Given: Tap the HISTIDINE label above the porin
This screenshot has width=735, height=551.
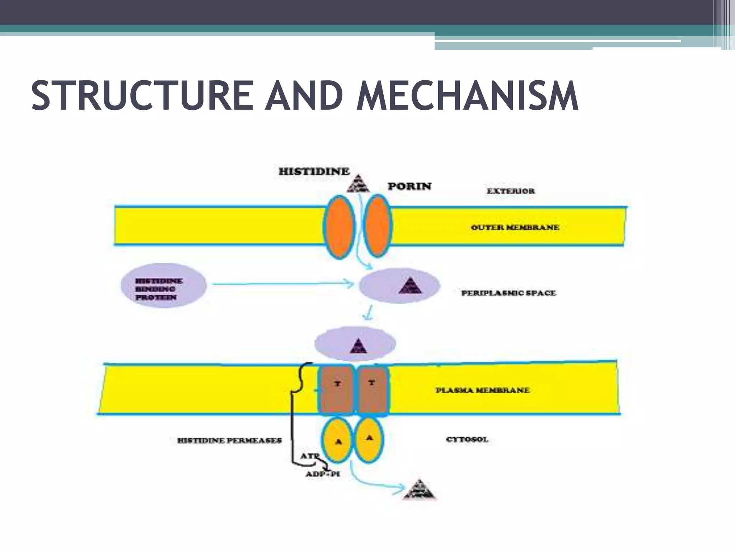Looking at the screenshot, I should (x=314, y=171).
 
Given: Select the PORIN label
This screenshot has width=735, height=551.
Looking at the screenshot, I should (x=409, y=187).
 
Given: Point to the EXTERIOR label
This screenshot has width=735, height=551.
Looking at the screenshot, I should (x=511, y=191).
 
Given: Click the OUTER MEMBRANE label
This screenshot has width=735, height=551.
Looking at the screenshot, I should (x=515, y=227).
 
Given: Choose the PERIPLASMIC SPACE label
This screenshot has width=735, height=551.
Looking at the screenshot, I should (x=509, y=293).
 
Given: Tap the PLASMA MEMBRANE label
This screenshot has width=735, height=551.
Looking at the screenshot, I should (x=483, y=390).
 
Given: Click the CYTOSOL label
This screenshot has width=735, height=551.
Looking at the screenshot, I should (x=467, y=440).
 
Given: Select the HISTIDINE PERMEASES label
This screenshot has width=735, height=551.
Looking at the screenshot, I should (x=230, y=441).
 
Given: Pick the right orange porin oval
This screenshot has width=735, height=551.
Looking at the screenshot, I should (x=377, y=225).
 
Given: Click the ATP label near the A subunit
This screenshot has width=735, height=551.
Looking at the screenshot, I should (x=309, y=457).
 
